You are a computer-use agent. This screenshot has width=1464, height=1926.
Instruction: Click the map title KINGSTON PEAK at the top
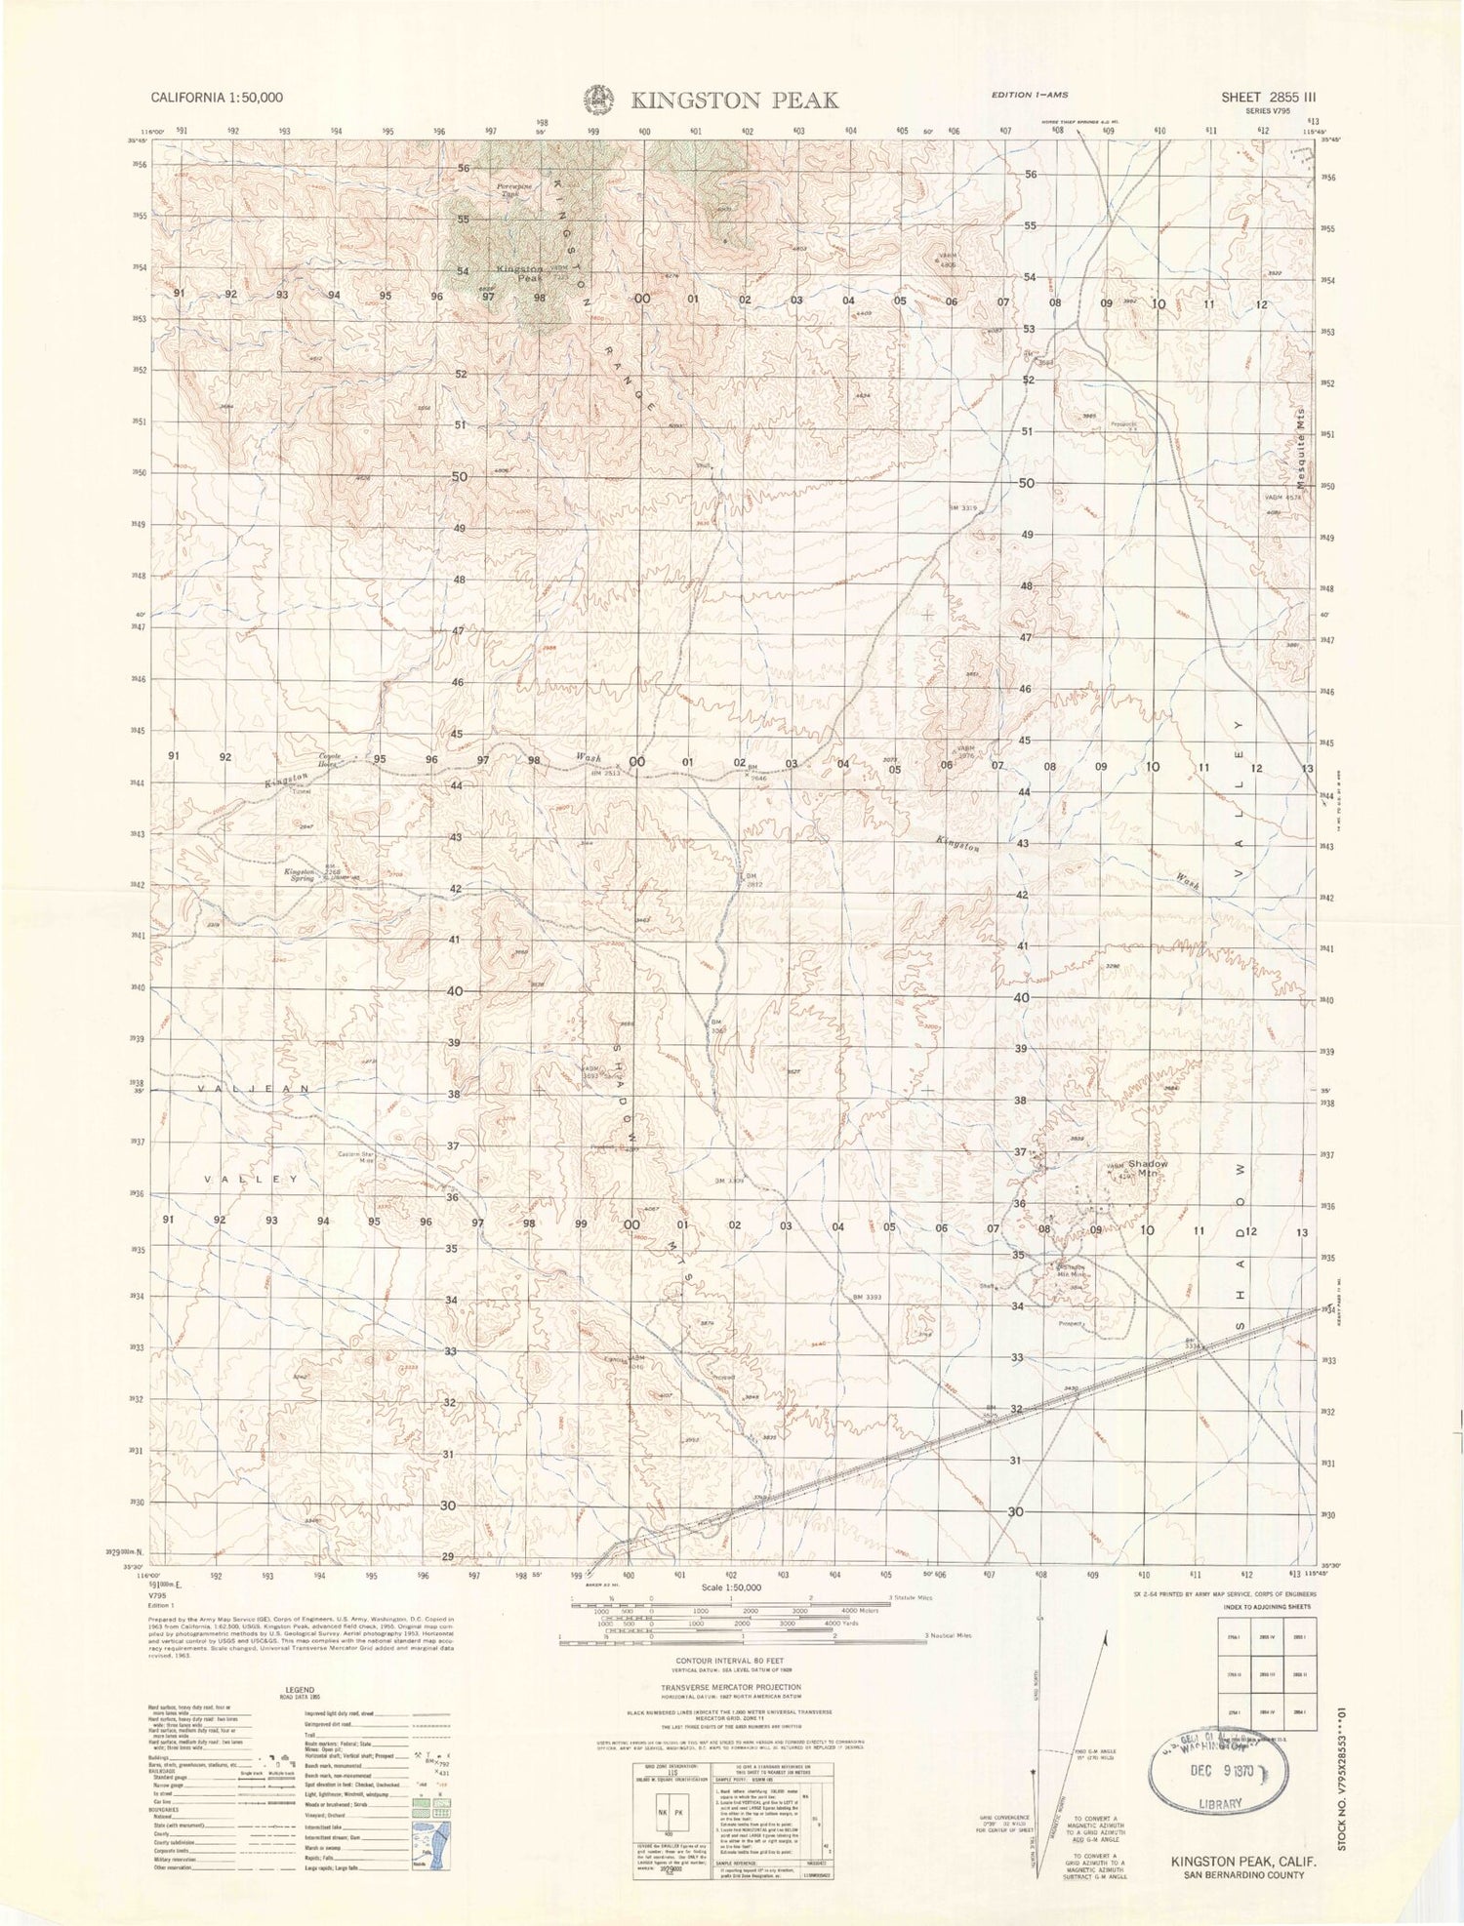(734, 100)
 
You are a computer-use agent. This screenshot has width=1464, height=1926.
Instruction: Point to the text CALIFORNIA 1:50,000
(217, 98)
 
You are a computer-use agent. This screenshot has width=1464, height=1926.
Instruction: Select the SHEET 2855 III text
(1268, 98)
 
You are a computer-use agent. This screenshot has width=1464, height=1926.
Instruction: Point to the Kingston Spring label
(300, 874)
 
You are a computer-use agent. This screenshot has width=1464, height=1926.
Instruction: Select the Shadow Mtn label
(1148, 1169)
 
